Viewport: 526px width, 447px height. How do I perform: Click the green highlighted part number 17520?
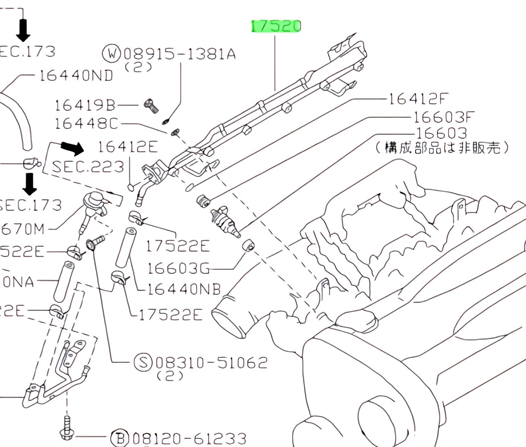point(276,26)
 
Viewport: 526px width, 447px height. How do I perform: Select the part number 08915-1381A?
point(179,54)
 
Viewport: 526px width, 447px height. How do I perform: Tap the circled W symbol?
point(112,53)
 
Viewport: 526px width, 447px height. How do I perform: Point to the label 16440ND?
point(76,76)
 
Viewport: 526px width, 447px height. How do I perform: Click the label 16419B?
point(85,106)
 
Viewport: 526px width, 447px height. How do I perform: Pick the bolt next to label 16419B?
point(151,106)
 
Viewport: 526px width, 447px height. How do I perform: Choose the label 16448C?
point(86,124)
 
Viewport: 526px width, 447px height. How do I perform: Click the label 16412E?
point(128,147)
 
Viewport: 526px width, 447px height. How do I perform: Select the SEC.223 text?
point(88,167)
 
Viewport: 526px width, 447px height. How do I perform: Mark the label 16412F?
point(418,99)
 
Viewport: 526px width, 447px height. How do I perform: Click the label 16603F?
point(444,117)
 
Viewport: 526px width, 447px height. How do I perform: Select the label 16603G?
point(178,268)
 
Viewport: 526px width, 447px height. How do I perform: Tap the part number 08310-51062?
point(211,363)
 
